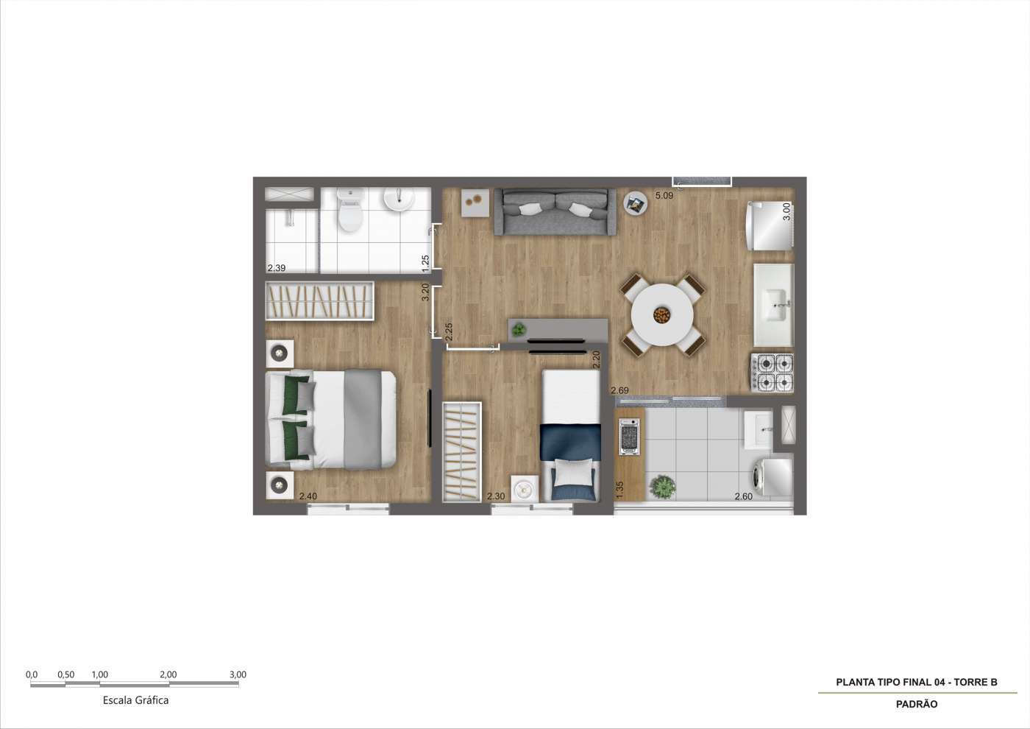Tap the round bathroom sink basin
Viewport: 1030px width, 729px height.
coord(399,200)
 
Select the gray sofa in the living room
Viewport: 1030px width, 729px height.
coord(555,212)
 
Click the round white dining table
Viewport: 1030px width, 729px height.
coord(662,315)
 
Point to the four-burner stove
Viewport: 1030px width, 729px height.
coord(772,373)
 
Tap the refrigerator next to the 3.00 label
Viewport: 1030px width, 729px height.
coord(770,225)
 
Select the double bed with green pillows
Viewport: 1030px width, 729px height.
coord(330,420)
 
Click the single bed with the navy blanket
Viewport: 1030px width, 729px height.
coord(571,435)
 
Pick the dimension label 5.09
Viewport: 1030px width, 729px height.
coord(664,196)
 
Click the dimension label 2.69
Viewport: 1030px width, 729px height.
coord(619,390)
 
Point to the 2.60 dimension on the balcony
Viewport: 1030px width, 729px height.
coord(744,496)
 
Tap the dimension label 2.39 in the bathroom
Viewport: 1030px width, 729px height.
coord(277,268)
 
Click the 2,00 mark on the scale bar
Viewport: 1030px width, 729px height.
coord(168,675)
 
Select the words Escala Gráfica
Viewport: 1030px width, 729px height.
coord(135,700)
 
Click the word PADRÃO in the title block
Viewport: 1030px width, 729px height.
coord(917,704)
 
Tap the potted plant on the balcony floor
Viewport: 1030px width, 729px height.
coord(663,486)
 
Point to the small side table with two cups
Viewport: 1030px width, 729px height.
coord(475,202)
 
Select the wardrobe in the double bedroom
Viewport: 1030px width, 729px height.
coord(319,300)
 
